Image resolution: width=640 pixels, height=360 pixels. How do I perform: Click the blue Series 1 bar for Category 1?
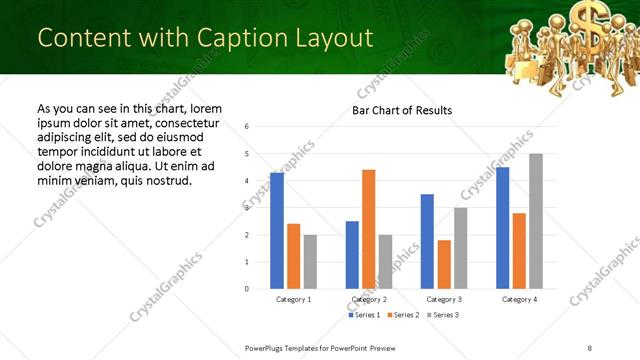coord(277,231)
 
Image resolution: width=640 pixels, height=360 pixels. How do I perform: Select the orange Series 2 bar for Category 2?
coord(369,229)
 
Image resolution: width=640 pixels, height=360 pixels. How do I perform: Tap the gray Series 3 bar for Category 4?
coord(536,221)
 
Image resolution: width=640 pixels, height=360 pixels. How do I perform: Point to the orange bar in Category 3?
coord(444,264)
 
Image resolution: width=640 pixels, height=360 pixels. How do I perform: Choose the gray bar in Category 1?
coord(310,262)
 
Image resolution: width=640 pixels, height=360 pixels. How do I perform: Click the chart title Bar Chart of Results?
coord(402,110)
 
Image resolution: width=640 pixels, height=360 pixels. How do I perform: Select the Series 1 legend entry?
coord(365,315)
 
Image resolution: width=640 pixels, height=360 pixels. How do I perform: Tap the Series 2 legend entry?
coord(402,315)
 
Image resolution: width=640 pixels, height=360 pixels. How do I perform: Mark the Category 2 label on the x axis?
coord(369,299)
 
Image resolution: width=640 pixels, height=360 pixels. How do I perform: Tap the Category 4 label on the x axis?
coord(520,299)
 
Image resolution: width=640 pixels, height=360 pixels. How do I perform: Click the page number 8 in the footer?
coord(589,346)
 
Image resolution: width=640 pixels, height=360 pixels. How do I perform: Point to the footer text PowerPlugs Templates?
coord(290,346)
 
